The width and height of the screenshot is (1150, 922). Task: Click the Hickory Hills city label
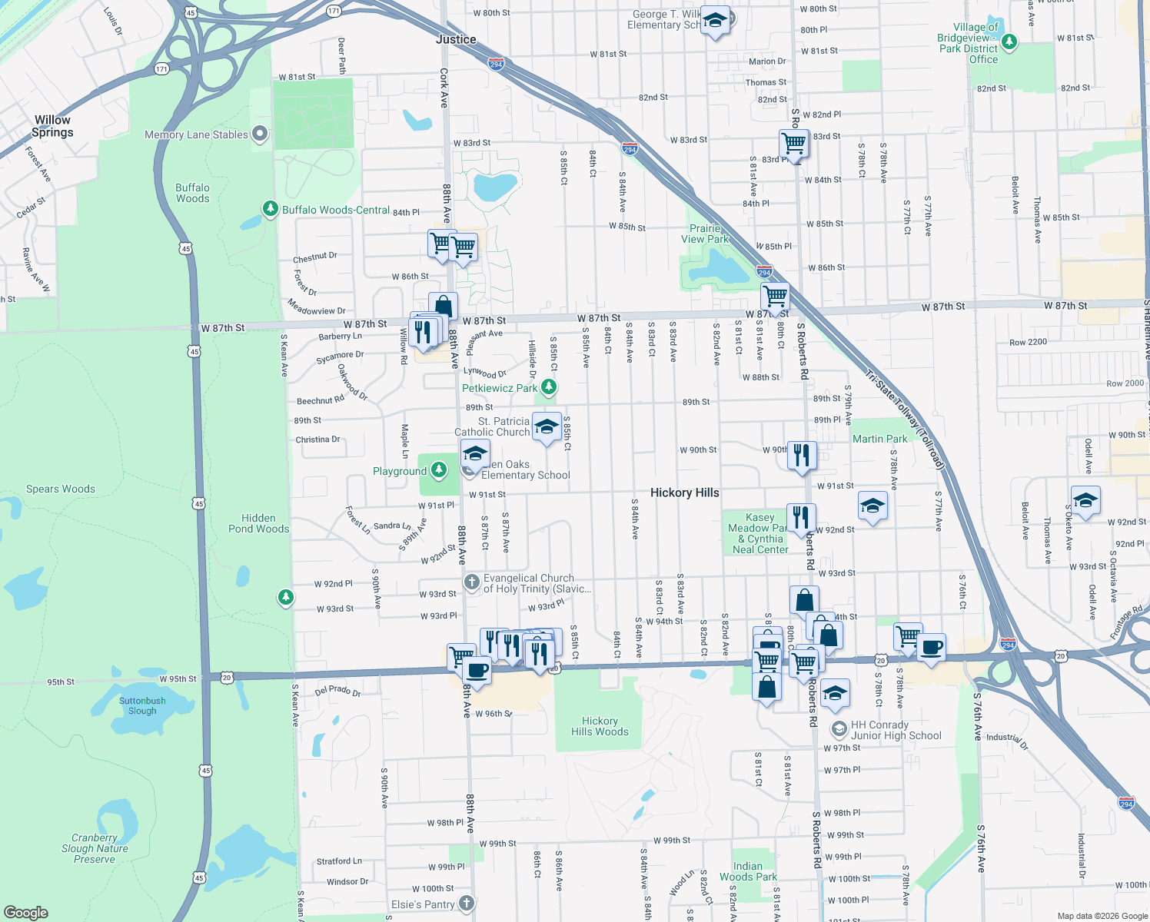tap(684, 493)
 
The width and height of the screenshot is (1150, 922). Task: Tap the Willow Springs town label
tap(52, 126)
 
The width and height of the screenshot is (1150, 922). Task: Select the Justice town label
tap(456, 39)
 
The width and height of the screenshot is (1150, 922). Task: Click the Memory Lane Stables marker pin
tap(260, 134)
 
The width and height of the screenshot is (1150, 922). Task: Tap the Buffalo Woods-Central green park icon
tap(270, 208)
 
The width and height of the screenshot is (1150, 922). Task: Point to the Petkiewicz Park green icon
tap(548, 387)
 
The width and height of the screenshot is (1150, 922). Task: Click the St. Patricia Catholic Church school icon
tap(546, 427)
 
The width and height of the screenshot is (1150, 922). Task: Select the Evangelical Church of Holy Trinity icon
tap(472, 582)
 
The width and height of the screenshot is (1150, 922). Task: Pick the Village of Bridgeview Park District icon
tap(1009, 41)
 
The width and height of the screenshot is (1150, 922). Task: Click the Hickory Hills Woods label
tap(600, 726)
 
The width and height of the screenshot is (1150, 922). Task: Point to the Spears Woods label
tap(61, 489)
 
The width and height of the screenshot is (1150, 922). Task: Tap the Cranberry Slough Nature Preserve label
tap(95, 848)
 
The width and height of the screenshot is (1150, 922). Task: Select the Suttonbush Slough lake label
tap(142, 705)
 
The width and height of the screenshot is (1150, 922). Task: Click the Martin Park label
tap(879, 439)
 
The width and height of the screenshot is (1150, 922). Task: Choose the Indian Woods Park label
tap(748, 871)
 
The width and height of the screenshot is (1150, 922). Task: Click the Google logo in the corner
tap(26, 913)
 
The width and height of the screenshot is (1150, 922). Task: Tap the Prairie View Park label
tap(705, 234)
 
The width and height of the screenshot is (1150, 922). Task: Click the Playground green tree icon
tap(439, 469)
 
